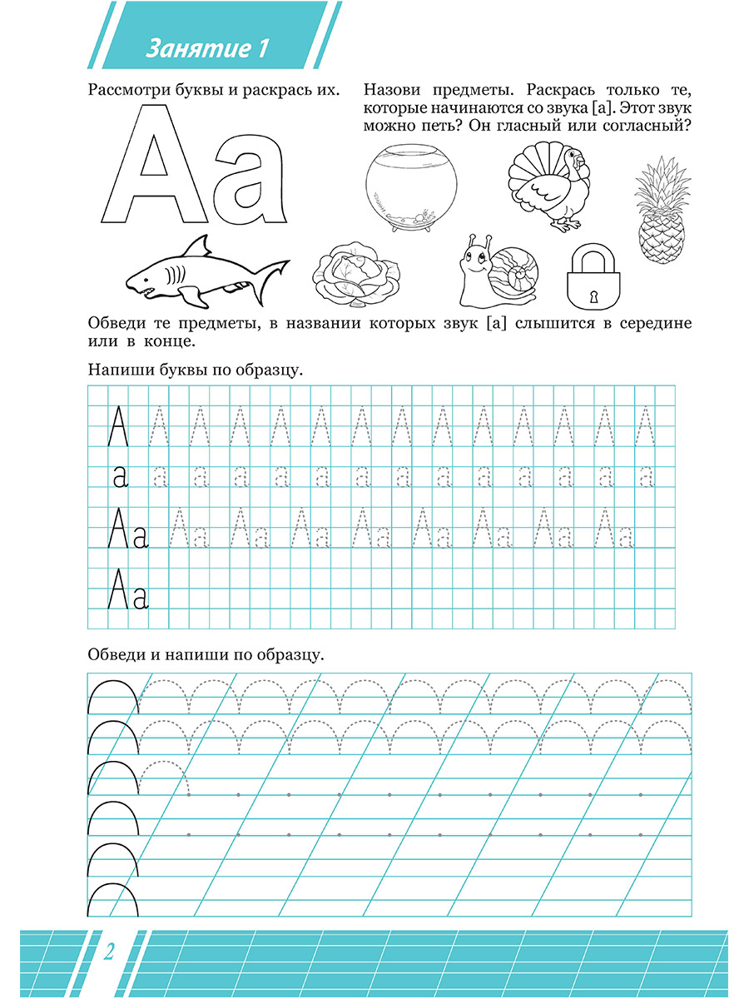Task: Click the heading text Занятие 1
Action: point(207,48)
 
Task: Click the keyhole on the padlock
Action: point(595,296)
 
